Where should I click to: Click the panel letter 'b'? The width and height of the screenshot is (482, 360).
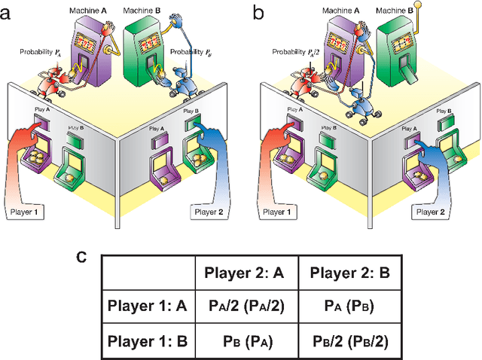point(258,11)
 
